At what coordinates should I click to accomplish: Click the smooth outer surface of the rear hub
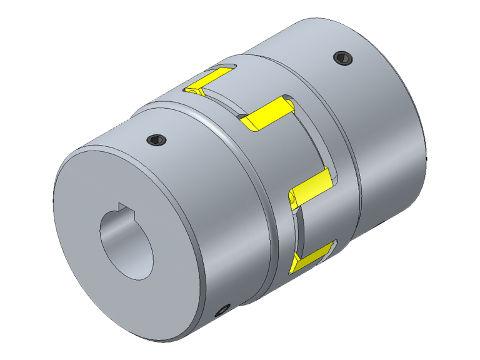(x=387, y=125)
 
